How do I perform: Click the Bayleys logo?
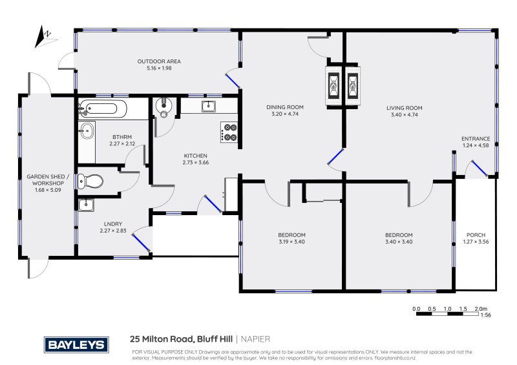tap(75, 344)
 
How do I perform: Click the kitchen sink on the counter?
tap(208, 106)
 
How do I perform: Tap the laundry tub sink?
tap(86, 205)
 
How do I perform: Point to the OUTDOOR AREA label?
tap(159, 61)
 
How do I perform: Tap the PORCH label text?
tap(476, 235)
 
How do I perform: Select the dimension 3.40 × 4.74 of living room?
tap(405, 115)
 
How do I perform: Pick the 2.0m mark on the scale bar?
tap(480, 309)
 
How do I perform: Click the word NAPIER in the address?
tap(256, 339)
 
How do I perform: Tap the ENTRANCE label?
tap(476, 139)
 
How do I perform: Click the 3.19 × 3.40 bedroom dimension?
tap(291, 242)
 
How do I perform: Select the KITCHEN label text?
tap(195, 156)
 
